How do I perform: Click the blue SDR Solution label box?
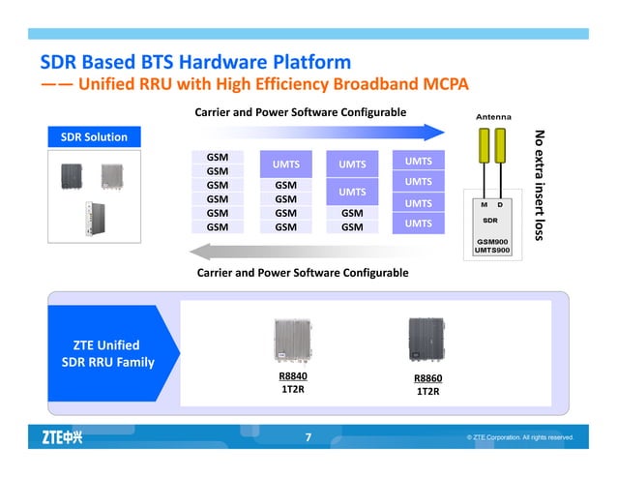coord(95,136)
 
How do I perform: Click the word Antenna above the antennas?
coord(494,118)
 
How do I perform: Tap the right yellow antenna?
coord(502,159)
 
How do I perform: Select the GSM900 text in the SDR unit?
coord(492,240)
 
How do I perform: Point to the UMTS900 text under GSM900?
coord(492,251)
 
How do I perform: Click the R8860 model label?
coord(427,377)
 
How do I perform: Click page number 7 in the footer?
coord(308,438)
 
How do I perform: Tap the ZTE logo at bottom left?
coord(61,437)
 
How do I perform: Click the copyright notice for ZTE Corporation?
coord(520,438)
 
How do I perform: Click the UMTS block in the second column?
coord(285,164)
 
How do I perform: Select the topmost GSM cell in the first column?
coord(218,156)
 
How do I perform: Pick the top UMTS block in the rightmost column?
coord(418,160)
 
